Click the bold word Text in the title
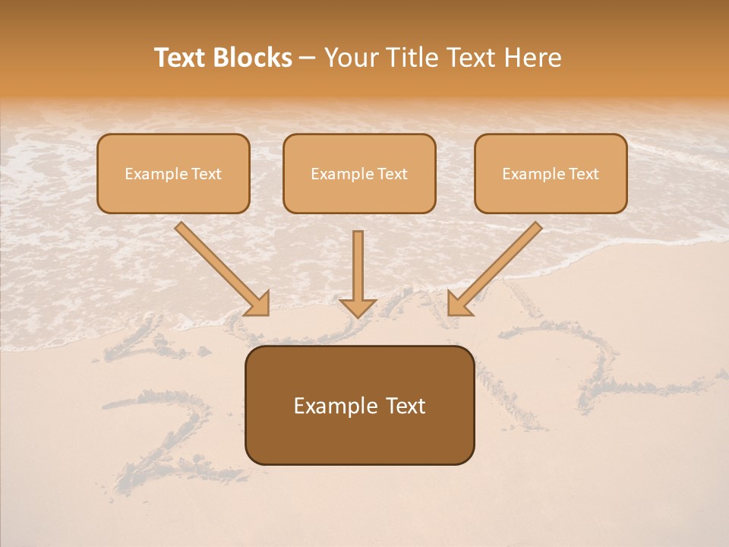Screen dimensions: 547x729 coord(179,58)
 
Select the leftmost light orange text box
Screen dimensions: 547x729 coord(173,173)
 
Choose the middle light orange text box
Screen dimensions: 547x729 coord(359,173)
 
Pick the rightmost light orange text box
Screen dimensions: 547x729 coord(551,173)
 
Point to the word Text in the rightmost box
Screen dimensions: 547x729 coord(584,174)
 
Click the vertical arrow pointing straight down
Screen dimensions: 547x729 coord(358,270)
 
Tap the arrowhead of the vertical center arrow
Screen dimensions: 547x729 coord(358,308)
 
